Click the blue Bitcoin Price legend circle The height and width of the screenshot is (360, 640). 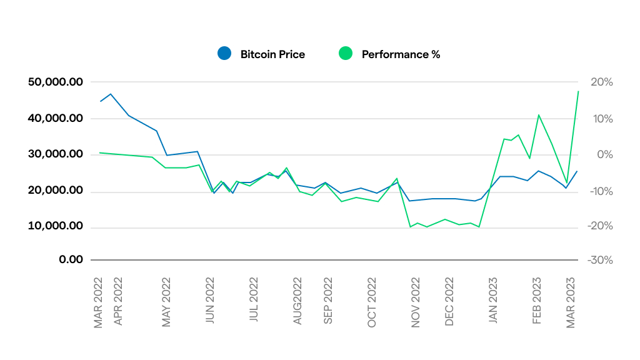(x=224, y=54)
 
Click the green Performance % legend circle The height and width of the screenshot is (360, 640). (x=346, y=54)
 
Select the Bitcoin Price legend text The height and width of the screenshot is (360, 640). (x=272, y=54)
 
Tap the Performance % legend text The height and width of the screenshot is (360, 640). (x=401, y=54)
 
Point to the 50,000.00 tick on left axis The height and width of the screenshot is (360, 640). (x=56, y=82)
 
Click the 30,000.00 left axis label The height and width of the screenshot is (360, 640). (x=56, y=154)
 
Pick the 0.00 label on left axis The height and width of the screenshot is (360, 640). (x=71, y=259)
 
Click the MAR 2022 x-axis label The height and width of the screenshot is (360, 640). (x=98, y=302)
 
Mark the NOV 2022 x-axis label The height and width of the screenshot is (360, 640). (x=416, y=302)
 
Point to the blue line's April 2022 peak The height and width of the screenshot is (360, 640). (x=111, y=94)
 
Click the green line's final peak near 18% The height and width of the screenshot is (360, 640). (x=578, y=91)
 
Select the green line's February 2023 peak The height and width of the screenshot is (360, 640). (x=538, y=114)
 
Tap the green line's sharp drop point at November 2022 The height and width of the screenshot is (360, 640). (x=410, y=227)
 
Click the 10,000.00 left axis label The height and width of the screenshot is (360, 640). (x=56, y=226)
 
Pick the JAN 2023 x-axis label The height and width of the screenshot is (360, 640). (x=494, y=302)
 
